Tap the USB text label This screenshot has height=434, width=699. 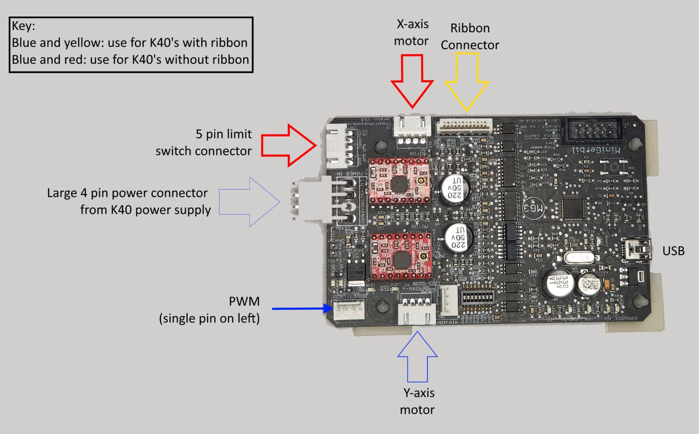(x=673, y=251)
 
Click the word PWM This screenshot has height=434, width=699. (x=244, y=302)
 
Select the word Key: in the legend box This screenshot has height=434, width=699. (x=24, y=26)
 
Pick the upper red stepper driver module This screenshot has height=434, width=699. (x=399, y=182)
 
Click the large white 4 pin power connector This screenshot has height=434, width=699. (x=314, y=200)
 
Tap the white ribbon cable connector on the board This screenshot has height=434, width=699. (x=464, y=126)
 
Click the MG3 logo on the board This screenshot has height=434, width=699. (x=533, y=208)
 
